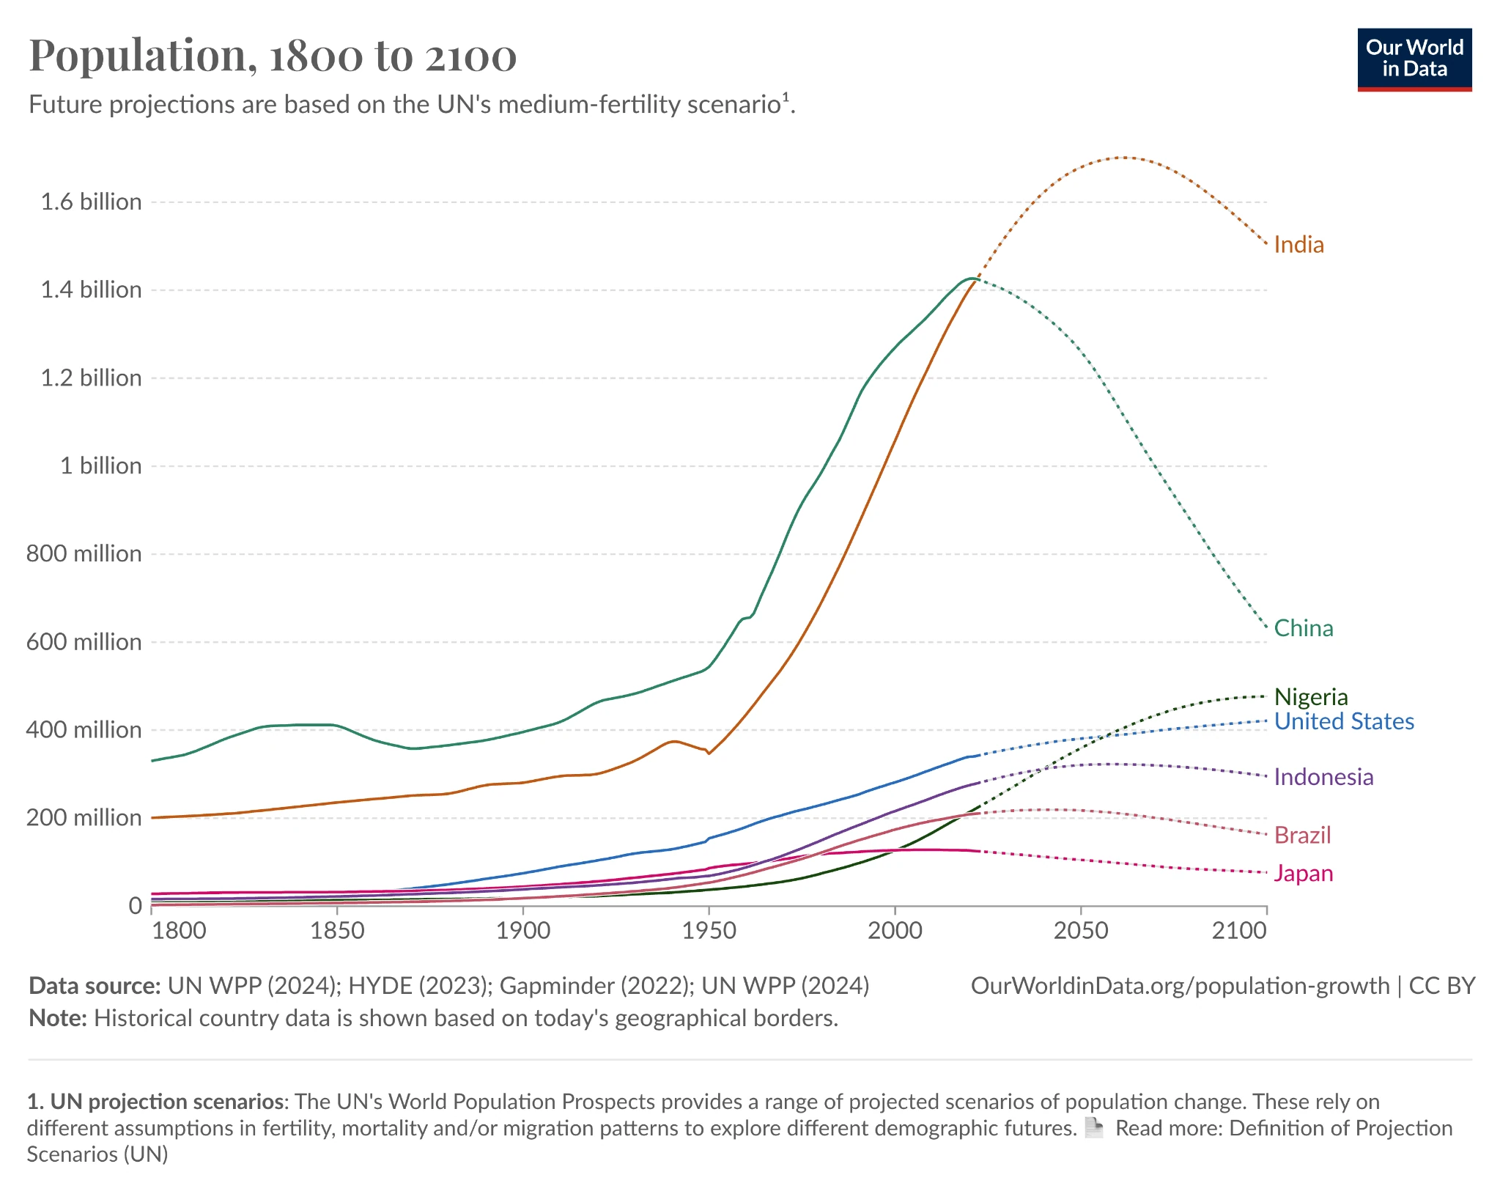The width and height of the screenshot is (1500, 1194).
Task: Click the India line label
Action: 1298,245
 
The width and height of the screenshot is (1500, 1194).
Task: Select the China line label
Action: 1304,628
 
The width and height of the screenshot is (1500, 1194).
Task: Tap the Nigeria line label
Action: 1311,696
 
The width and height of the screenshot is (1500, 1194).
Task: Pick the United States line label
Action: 1344,721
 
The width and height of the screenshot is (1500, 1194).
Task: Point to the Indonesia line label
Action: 1323,777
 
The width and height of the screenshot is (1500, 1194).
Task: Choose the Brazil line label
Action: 1302,835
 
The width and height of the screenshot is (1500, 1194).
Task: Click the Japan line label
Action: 1304,874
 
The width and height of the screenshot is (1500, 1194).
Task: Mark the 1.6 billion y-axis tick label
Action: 92,202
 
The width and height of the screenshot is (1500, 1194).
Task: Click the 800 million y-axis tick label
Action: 84,553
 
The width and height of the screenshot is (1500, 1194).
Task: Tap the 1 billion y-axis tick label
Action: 101,465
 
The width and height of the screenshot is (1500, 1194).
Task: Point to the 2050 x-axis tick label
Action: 1081,930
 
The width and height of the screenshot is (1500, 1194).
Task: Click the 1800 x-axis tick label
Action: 179,930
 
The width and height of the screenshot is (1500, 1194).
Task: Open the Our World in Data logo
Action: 1414,59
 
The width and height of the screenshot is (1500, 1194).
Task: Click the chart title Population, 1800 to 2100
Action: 273,56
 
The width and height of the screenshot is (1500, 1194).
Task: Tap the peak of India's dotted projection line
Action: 1123,157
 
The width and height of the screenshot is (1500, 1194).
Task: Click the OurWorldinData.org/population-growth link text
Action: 1180,986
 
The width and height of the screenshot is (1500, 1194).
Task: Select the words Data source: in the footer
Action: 95,986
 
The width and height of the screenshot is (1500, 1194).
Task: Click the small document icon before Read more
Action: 1093,1127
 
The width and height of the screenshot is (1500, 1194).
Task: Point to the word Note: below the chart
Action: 58,1018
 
